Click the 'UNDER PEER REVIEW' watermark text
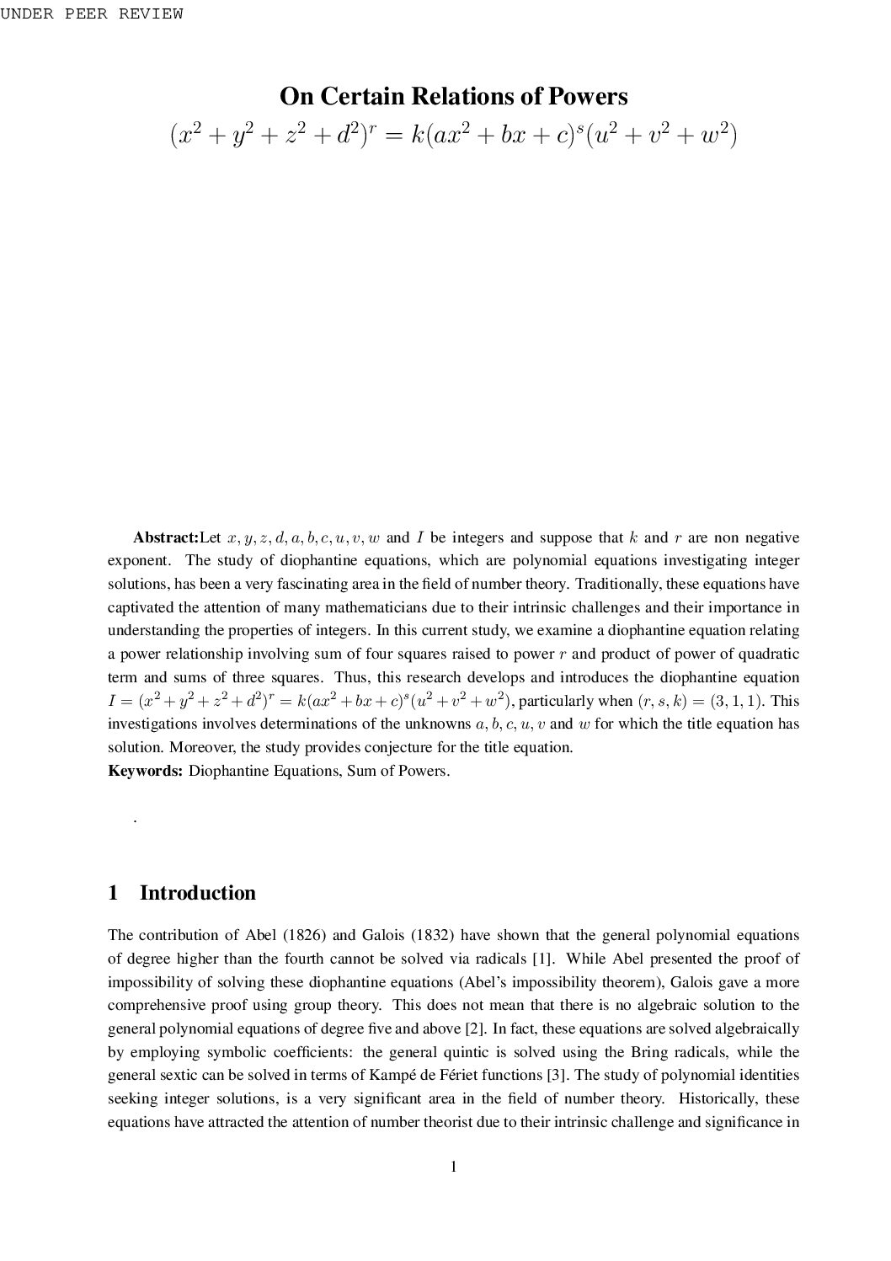click(x=91, y=14)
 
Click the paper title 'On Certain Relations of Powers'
click(x=453, y=96)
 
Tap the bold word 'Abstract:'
click(x=166, y=537)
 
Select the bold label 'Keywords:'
click(x=145, y=771)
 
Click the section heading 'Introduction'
click(x=197, y=893)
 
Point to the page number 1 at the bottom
click(x=453, y=1167)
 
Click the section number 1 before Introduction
click(x=113, y=893)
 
